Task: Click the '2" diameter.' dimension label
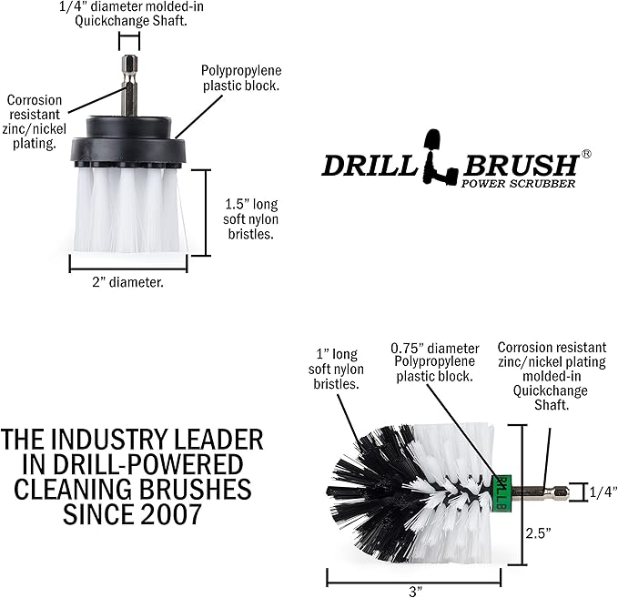[x=127, y=282]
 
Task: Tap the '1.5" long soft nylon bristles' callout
[x=250, y=218]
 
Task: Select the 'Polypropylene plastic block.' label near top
[x=241, y=78]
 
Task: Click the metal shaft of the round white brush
[x=129, y=85]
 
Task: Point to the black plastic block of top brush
[x=128, y=141]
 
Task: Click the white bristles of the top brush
[x=130, y=209]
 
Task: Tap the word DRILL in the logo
[x=370, y=166]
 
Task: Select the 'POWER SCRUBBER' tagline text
[x=518, y=184]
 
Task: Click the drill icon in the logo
[x=438, y=157]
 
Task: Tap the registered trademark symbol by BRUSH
[x=586, y=154]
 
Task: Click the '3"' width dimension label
[x=415, y=592]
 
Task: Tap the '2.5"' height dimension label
[x=538, y=533]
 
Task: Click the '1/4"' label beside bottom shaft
[x=603, y=492]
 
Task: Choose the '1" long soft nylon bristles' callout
[x=336, y=369]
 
